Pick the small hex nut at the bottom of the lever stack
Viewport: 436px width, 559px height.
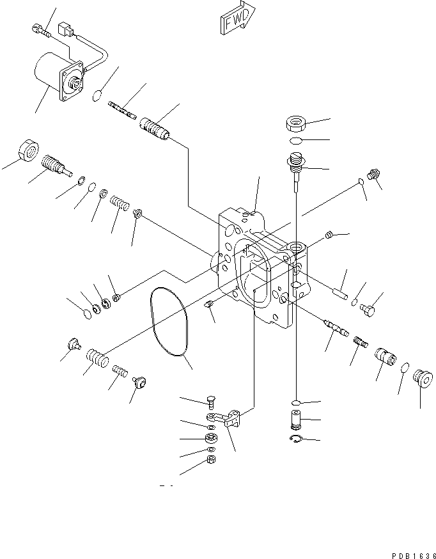coord(212,460)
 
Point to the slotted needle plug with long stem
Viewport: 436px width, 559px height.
coord(295,168)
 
